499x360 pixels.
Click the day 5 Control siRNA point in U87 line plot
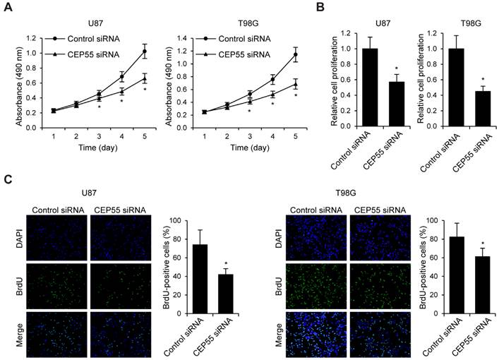145,52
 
